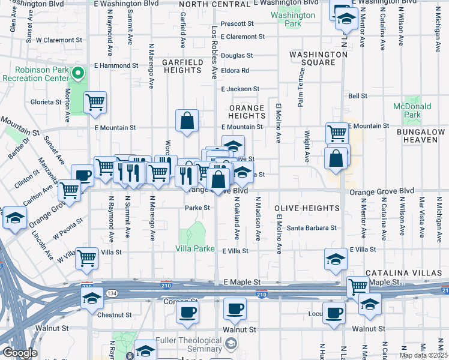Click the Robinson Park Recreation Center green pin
(77, 74)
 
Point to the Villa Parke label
(195, 248)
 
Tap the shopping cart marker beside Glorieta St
(95, 103)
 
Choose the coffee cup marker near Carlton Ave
(82, 175)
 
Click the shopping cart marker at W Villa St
(87, 258)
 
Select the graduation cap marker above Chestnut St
(92, 298)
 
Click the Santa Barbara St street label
(311, 228)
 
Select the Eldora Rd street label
(235, 70)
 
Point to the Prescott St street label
(238, 24)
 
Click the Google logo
(19, 353)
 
